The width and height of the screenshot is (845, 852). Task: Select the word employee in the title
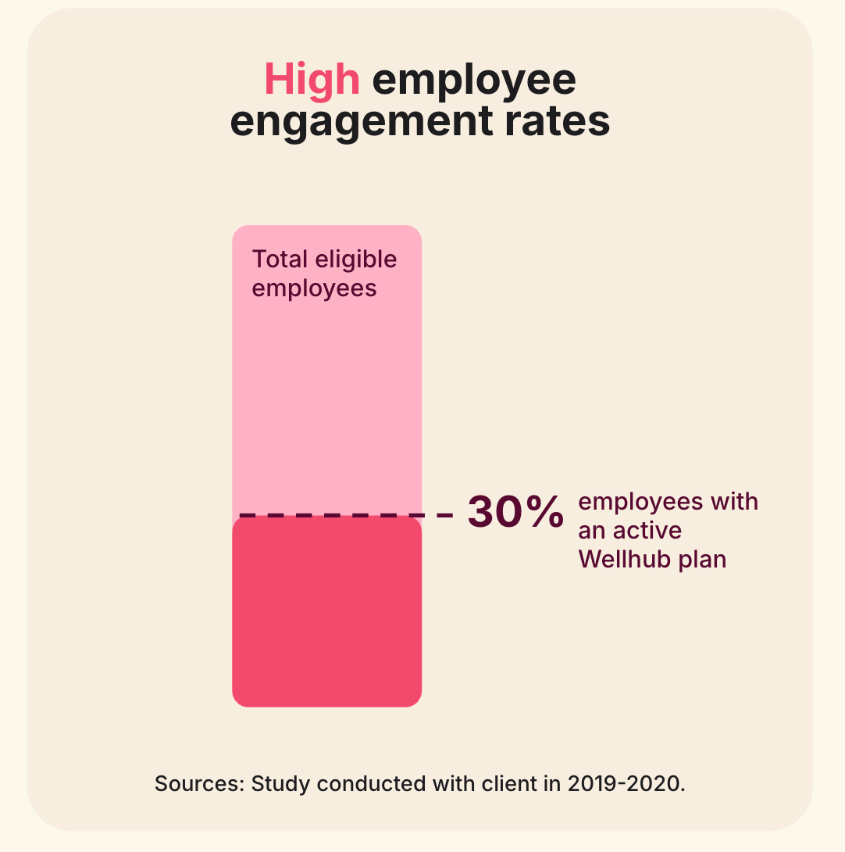474,81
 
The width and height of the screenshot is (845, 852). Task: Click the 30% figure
515,513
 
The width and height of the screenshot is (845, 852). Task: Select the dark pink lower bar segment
326,614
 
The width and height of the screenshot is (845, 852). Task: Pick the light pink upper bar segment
326,391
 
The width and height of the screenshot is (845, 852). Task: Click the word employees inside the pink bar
314,288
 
